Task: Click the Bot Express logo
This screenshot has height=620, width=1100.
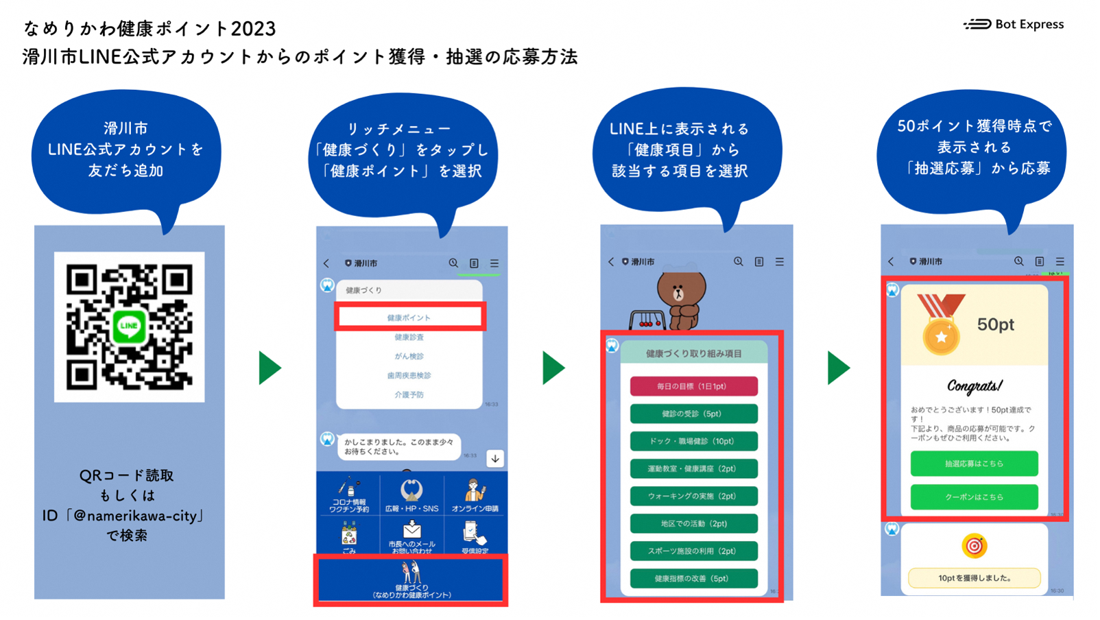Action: point(1013,25)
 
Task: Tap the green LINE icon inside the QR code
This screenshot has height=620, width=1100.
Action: point(129,326)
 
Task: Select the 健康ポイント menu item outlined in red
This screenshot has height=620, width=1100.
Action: point(409,318)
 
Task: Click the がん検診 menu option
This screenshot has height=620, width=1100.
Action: point(409,356)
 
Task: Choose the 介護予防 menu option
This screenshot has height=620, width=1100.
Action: point(409,394)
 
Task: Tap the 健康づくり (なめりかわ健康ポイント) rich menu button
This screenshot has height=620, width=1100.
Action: point(411,581)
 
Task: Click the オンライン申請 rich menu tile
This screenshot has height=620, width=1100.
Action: point(475,496)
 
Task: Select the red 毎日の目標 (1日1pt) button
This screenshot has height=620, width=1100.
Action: point(693,386)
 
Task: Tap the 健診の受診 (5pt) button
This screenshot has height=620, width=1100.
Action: point(693,414)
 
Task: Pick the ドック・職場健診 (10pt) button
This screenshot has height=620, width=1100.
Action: point(693,441)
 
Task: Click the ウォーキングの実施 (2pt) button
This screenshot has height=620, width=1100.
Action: point(693,496)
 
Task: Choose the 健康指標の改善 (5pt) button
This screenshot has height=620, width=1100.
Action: point(693,578)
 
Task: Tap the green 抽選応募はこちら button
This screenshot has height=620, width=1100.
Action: point(974,464)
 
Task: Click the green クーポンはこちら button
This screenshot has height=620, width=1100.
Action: point(974,497)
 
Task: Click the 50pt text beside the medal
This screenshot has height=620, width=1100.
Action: point(995,324)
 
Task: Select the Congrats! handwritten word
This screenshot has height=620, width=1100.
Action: point(975,386)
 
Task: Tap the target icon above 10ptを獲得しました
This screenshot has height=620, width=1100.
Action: point(974,546)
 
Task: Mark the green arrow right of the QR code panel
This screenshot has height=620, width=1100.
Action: point(270,368)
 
